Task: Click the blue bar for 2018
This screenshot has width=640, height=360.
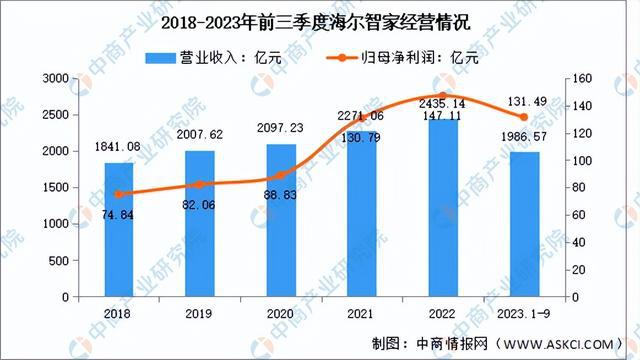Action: point(118,230)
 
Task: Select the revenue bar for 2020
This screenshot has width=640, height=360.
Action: point(281,221)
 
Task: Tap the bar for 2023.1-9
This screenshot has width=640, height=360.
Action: point(524,225)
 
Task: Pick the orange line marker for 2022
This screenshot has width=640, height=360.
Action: point(443,96)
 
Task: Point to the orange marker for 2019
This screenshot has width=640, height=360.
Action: point(200,185)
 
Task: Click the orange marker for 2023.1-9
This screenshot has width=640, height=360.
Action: point(524,117)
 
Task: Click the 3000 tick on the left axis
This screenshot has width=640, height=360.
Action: point(55,78)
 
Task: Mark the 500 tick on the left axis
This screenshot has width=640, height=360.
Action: point(59,261)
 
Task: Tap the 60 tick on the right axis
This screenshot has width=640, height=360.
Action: point(582,215)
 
